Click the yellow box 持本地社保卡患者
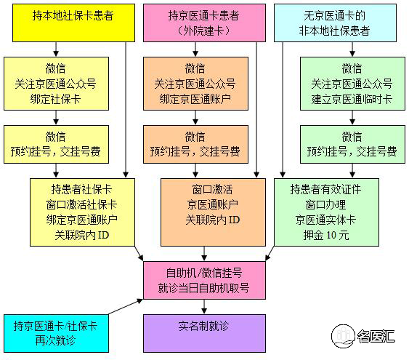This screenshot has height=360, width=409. [74, 23]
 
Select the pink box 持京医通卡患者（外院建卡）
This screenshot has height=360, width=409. [205, 23]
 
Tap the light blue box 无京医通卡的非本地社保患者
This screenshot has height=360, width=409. [335, 23]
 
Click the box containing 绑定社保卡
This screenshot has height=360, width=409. [56, 84]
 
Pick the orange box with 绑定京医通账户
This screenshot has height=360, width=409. [195, 84]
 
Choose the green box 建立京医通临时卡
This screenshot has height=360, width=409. [352, 84]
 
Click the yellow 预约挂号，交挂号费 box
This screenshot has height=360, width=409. [56, 145]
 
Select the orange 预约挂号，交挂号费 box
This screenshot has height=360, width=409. [195, 145]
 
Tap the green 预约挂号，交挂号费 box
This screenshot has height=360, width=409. [352, 145]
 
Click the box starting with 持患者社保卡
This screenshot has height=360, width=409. [82, 212]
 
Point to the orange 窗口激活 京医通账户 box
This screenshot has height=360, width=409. [213, 212]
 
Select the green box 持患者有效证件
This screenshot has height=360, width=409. [327, 212]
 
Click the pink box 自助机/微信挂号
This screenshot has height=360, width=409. [205, 280]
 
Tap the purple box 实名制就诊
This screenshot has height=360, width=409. [205, 333]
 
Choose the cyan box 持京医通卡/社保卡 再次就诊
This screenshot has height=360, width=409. [56, 333]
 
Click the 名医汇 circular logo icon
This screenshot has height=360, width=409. [343, 336]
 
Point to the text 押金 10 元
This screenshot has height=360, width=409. [326, 235]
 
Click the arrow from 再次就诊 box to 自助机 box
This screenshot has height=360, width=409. [126, 307]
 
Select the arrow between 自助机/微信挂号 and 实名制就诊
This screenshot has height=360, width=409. [204, 306]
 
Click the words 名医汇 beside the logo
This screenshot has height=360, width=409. [376, 336]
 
